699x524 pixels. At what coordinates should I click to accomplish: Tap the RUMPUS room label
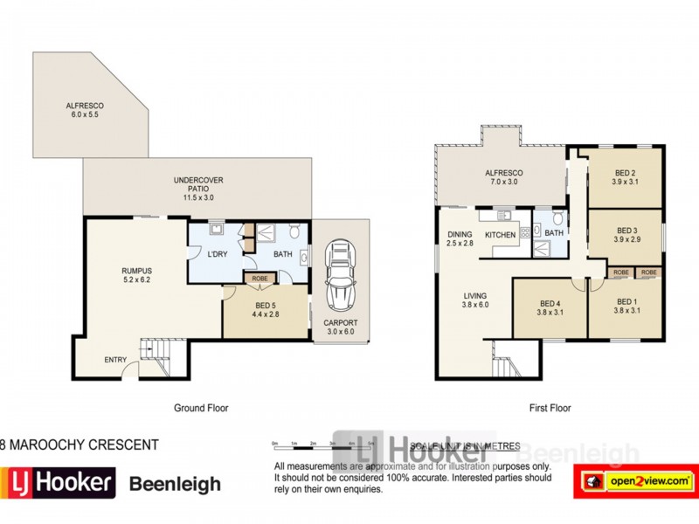click(x=137, y=276)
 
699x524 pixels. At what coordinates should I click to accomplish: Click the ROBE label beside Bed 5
click(x=260, y=279)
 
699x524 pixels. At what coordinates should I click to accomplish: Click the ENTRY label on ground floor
click(x=114, y=359)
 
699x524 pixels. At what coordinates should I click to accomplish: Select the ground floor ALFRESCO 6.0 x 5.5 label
click(x=84, y=110)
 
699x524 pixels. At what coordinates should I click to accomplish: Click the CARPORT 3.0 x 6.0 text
click(x=340, y=327)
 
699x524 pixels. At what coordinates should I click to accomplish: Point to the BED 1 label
click(x=626, y=306)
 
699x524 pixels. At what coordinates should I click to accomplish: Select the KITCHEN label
click(x=501, y=235)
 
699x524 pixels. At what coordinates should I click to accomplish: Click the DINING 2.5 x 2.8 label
click(x=460, y=238)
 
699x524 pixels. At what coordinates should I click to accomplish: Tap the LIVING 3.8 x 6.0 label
click(x=475, y=300)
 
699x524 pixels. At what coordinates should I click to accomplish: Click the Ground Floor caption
click(x=201, y=408)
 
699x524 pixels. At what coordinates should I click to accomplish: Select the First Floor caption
click(x=549, y=408)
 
